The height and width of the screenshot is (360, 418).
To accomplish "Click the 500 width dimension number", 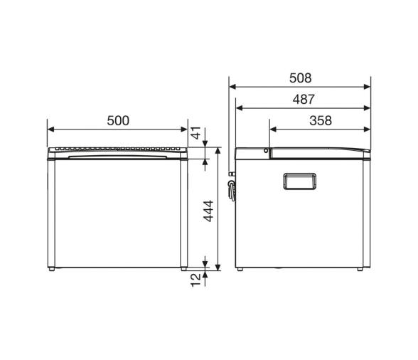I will tap(118, 120).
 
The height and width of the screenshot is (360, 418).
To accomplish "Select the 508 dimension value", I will tap(301, 78).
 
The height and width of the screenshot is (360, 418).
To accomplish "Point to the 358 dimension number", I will tap(321, 120).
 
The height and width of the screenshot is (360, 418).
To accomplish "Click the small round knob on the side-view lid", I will tap(266, 151).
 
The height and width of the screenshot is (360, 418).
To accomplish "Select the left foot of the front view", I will tap(53, 270).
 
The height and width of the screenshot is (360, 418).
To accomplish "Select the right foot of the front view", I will tap(183, 270).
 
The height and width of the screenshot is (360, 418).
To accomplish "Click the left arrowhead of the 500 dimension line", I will tap(50, 129).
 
